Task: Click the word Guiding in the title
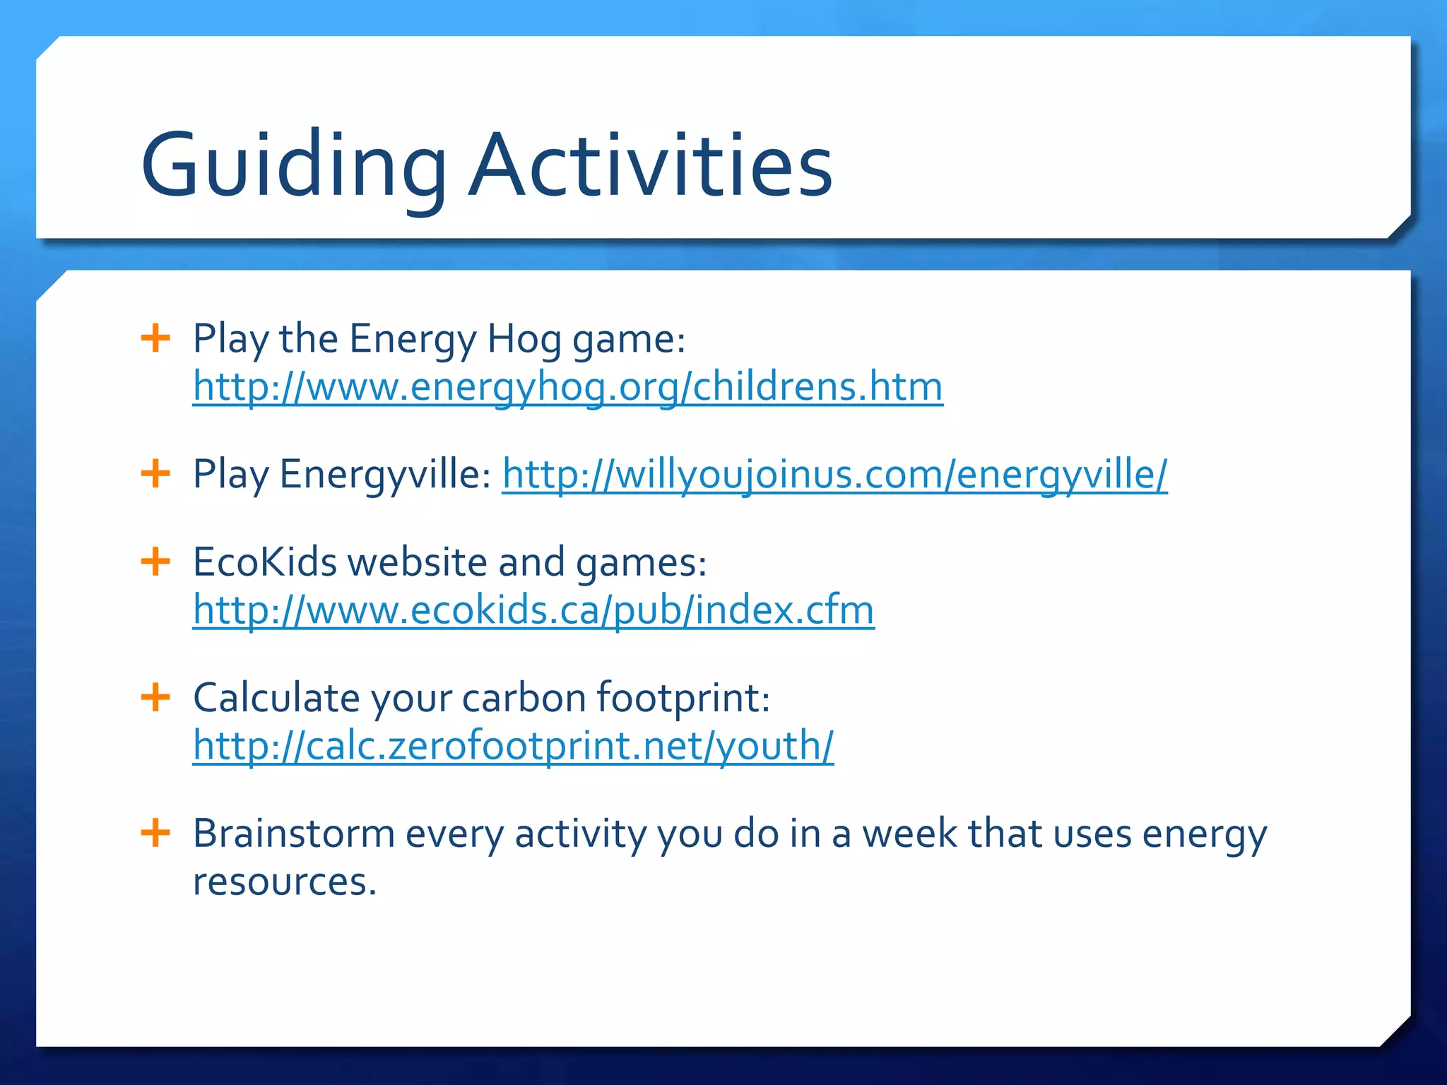(293, 167)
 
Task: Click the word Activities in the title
(650, 167)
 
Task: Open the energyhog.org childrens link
(567, 387)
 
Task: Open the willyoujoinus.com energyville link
(834, 474)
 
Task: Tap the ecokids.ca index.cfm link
(533, 610)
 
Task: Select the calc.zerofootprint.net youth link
(513, 746)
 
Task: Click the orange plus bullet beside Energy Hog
(155, 338)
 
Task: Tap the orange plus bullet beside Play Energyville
(155, 473)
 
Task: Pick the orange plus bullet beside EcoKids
(155, 562)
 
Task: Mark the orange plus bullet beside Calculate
(155, 698)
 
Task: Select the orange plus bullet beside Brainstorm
(155, 834)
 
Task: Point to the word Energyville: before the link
(385, 475)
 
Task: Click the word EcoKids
(265, 563)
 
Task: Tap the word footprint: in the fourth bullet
(683, 698)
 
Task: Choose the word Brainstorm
(293, 834)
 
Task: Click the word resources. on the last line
(285, 882)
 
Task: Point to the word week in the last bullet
(909, 834)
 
